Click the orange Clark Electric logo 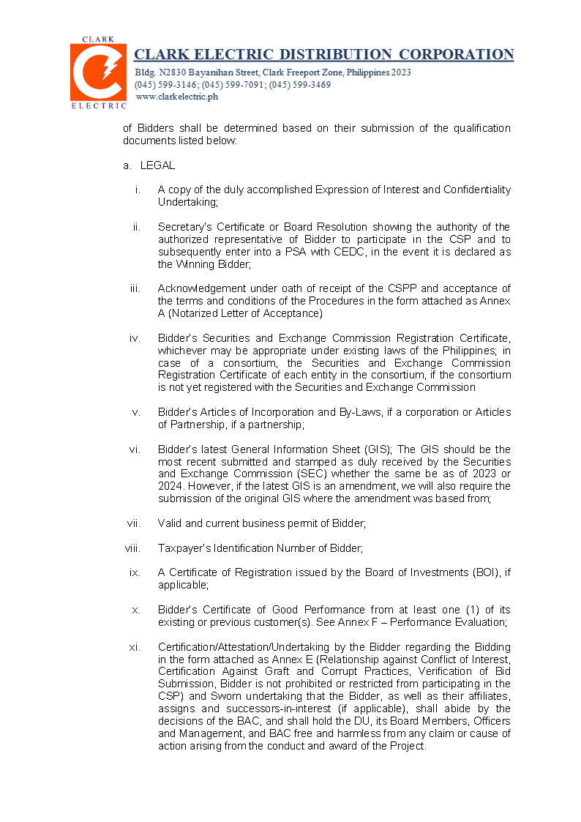pos(98,72)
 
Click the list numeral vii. pos(134,523)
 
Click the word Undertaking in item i pos(187,202)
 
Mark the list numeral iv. pos(135,338)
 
